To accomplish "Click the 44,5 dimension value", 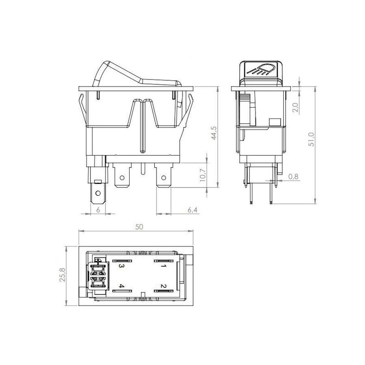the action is pyautogui.click(x=214, y=133).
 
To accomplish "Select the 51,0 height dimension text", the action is pyautogui.click(x=311, y=139).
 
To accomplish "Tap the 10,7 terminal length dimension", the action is pyautogui.click(x=203, y=175).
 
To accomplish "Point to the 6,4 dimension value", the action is pyautogui.click(x=193, y=210).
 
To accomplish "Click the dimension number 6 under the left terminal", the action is pyautogui.click(x=98, y=210).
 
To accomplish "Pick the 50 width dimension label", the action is pyautogui.click(x=139, y=227).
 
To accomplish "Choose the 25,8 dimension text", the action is pyautogui.click(x=62, y=275).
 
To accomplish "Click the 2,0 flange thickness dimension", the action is pyautogui.click(x=295, y=108).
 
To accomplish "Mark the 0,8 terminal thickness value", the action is pyautogui.click(x=293, y=177).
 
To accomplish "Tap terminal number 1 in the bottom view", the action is pyautogui.click(x=163, y=266).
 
